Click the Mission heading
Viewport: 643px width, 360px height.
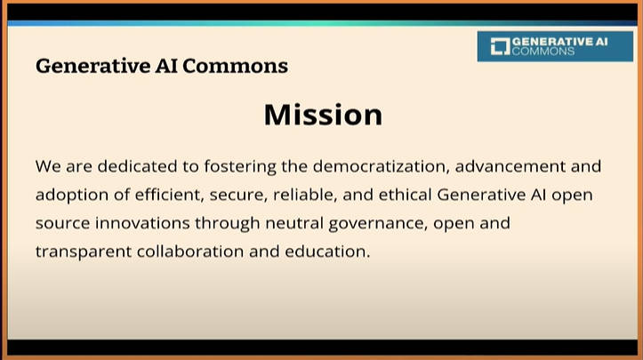pos(323,115)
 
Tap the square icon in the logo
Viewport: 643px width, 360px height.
pos(501,46)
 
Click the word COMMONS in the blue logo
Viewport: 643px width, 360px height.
pos(543,52)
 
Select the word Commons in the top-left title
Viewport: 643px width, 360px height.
pos(235,66)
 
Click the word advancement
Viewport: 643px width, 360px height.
pos(510,166)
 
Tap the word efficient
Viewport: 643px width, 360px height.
pos(169,195)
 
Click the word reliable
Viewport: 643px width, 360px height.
pos(305,195)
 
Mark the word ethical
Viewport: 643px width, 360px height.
pos(406,195)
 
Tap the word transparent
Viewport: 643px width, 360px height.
pos(84,252)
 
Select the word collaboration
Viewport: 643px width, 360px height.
pos(190,252)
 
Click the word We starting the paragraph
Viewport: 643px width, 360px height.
pos(48,167)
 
